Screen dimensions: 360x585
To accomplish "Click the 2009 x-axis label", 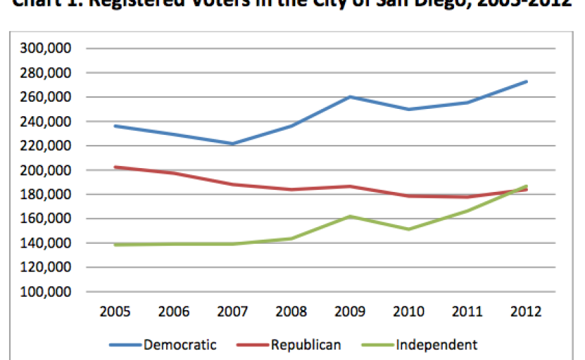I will [350, 312].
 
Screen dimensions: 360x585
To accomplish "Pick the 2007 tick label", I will [233, 312].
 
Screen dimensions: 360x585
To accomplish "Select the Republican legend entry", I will [306, 344].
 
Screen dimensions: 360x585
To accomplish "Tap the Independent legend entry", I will [436, 344].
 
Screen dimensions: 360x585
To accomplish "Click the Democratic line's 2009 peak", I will [350, 97].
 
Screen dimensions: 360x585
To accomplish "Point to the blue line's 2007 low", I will [233, 143].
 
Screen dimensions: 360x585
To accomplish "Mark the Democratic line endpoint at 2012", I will [526, 82].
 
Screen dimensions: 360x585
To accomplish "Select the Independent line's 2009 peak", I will [350, 217].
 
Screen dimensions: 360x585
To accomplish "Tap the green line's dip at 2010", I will [409, 229].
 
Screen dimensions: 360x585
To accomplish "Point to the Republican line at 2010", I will [409, 196].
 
